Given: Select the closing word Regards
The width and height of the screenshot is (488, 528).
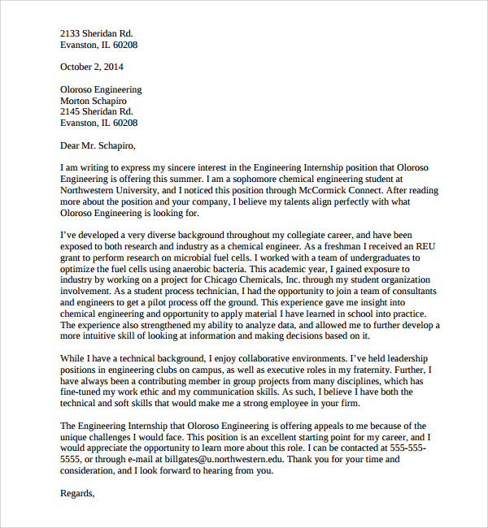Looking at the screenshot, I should tap(78, 493).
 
